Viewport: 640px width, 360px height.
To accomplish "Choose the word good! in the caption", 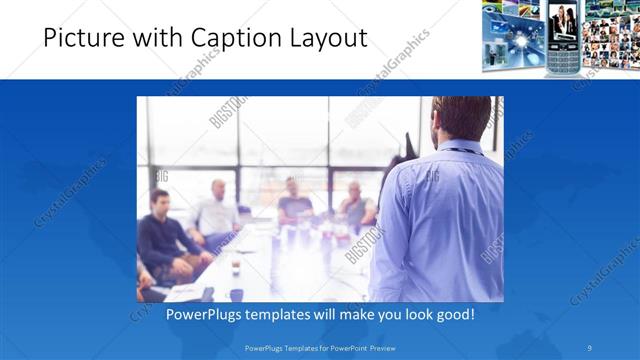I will tap(449, 314).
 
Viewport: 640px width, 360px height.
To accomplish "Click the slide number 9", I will tap(591, 348).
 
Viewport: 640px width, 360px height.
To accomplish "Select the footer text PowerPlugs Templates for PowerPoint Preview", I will tap(319, 348).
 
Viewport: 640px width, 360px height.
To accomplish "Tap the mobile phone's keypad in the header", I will tap(562, 58).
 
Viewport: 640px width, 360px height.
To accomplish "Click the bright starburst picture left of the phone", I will tap(513, 35).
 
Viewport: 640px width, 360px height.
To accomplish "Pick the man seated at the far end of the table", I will tap(294, 199).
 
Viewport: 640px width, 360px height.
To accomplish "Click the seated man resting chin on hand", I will tap(354, 205).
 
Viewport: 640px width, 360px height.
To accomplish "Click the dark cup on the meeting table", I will tap(235, 267).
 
